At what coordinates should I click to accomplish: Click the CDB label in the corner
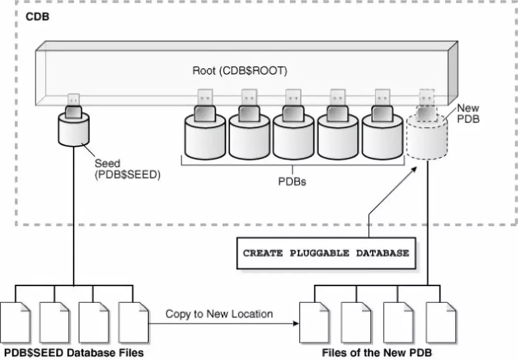(37, 17)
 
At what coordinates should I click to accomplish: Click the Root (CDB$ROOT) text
(239, 71)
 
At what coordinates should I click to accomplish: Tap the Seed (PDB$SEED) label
(127, 169)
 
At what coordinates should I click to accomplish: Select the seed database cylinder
(73, 130)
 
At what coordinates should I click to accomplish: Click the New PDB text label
(468, 114)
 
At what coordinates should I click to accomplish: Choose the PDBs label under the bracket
(292, 182)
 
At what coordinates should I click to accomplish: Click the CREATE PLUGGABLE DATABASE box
(326, 253)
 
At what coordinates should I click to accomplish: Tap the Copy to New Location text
(219, 314)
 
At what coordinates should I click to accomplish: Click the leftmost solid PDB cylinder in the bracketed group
(205, 138)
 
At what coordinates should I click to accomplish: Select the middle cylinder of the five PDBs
(293, 138)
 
